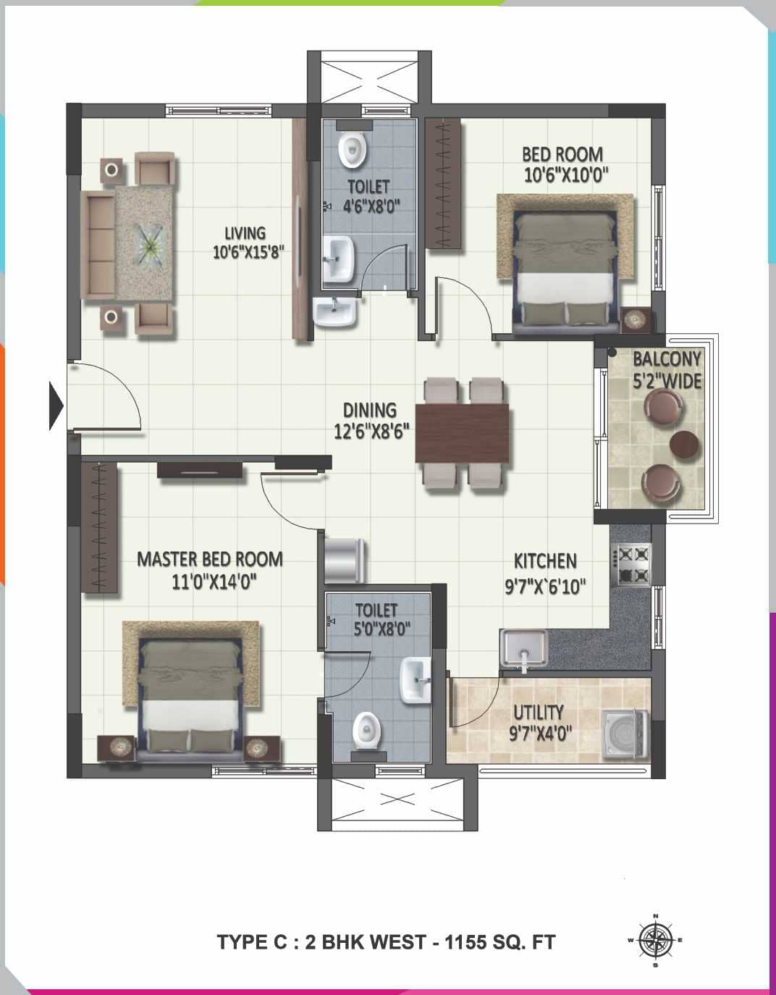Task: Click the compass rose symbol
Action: point(655,940)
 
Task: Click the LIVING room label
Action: point(245,233)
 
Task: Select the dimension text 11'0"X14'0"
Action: point(215,582)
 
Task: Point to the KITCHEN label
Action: point(545,561)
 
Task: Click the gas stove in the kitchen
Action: point(631,565)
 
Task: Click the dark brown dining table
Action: point(463,433)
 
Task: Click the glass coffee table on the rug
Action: point(151,245)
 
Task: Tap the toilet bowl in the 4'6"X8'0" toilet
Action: point(353,150)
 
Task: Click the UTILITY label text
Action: point(539,713)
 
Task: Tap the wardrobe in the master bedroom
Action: point(99,528)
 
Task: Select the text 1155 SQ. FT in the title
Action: point(500,942)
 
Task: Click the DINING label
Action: point(370,411)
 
